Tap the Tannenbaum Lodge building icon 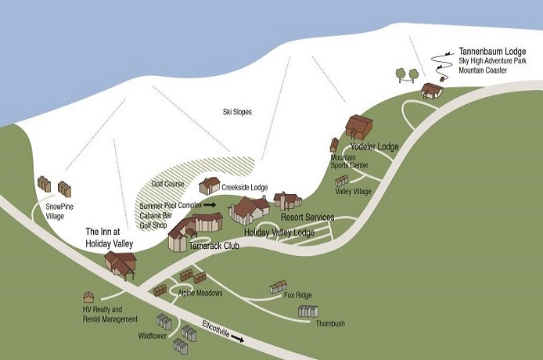430,90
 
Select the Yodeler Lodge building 361,127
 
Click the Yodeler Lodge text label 374,146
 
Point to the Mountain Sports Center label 349,161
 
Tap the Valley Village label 353,191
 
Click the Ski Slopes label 238,112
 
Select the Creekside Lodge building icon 210,185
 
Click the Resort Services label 307,217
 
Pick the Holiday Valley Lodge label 279,232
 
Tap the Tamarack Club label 213,245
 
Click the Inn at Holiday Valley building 121,265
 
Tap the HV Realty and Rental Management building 88,297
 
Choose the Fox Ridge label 297,295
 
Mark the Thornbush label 333,323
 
